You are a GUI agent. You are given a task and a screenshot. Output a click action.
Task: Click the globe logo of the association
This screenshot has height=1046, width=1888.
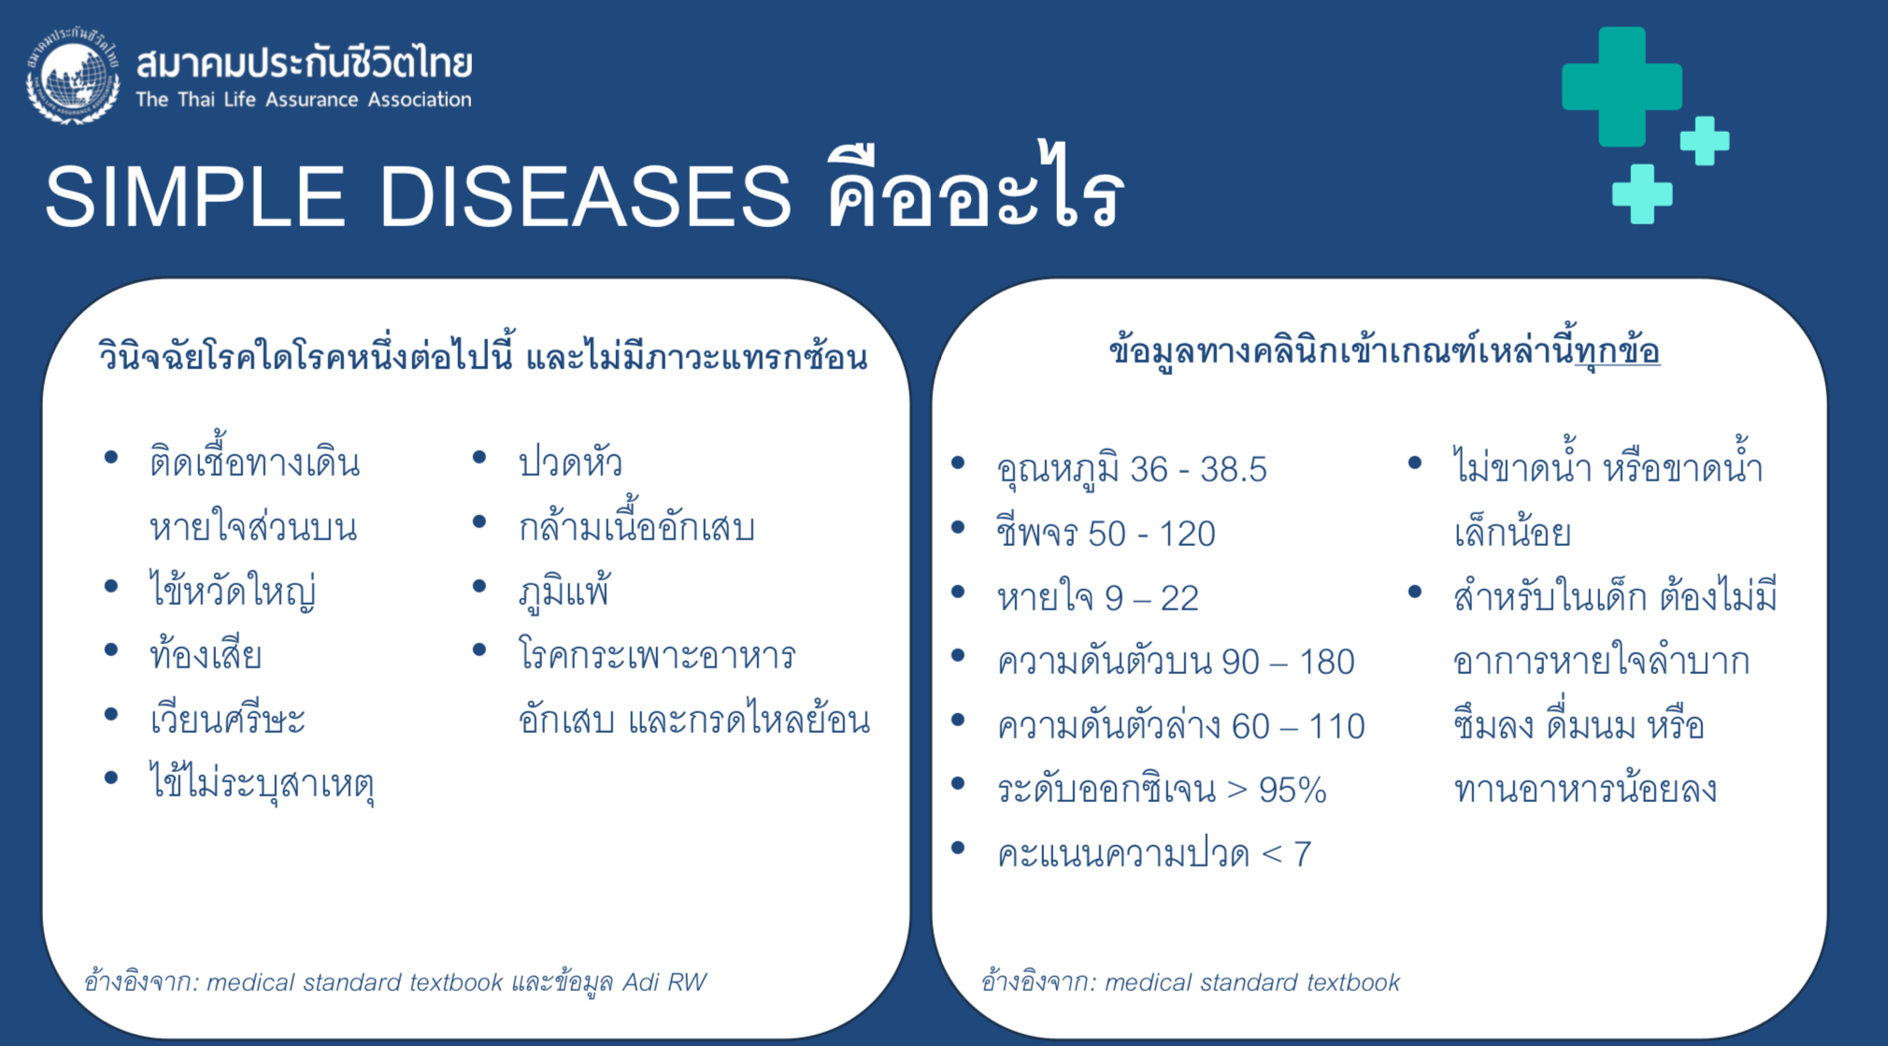tap(73, 76)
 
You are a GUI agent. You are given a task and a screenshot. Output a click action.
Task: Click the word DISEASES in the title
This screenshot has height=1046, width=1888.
tap(585, 195)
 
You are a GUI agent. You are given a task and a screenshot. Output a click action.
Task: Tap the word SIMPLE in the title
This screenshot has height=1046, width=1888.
tap(194, 195)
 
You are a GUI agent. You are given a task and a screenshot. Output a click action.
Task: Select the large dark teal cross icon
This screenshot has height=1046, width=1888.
tap(1622, 87)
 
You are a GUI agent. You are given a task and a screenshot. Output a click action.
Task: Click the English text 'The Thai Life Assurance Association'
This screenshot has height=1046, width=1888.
tap(304, 99)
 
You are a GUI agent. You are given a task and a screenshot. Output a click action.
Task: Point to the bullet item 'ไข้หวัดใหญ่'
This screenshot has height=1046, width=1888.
tap(233, 591)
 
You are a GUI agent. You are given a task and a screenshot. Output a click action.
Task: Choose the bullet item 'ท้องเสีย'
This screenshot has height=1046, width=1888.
tap(206, 653)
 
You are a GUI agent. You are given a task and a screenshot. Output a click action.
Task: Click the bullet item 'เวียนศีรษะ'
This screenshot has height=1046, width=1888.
tap(227, 719)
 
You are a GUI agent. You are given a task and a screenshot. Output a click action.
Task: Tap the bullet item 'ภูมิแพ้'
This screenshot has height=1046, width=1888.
tap(564, 591)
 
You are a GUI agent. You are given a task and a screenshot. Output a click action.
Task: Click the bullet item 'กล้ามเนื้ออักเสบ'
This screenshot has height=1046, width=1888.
tap(636, 526)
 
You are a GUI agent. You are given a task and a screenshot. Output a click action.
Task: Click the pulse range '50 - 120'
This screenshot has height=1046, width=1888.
tap(1151, 534)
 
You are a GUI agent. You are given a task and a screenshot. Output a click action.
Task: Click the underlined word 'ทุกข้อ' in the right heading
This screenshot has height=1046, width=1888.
tap(1617, 351)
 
